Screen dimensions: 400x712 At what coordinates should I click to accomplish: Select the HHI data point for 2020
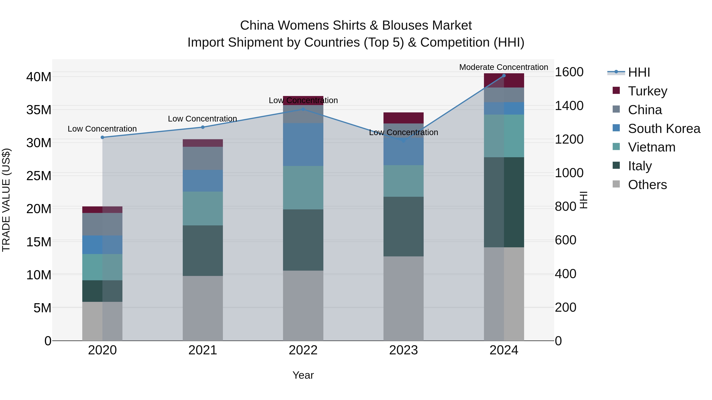102,137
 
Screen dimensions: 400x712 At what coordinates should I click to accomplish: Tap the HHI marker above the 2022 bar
303,109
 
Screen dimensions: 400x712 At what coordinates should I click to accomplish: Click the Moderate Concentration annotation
503,67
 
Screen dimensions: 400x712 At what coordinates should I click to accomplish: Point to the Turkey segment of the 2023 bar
403,118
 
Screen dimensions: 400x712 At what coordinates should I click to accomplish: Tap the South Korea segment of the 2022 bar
303,144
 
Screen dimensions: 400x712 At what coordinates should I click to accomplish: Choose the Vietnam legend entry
651,147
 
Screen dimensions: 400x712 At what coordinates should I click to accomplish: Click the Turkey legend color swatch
616,90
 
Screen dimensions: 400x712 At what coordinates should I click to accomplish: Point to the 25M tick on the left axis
39,176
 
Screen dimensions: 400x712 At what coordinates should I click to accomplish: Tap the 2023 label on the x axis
403,350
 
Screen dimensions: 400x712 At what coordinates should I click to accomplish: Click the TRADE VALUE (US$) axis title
6,200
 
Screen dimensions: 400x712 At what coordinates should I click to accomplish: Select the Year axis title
303,375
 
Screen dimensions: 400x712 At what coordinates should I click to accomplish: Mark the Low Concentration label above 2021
202,119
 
